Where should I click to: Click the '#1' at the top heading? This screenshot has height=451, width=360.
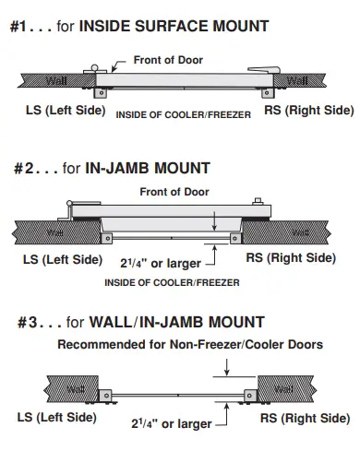tap(20, 27)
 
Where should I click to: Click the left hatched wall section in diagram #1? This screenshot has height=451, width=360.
tap(37, 81)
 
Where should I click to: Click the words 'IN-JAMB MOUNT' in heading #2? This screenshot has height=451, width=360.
tap(161, 169)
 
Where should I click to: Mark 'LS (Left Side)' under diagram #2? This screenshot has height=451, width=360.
tap(61, 259)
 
